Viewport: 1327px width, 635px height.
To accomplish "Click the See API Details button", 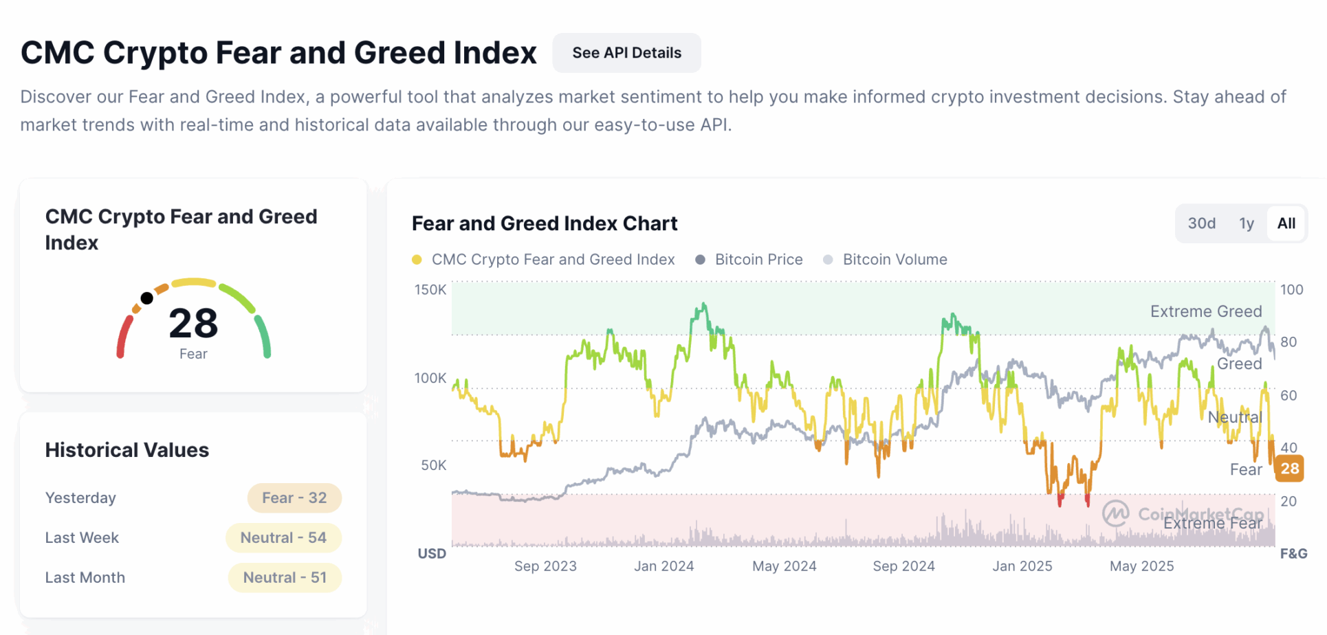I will (x=626, y=53).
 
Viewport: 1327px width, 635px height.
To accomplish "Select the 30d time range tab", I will (x=1201, y=223).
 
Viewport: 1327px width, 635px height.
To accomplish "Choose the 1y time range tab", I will (x=1246, y=223).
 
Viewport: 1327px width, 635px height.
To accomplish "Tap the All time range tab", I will (x=1286, y=223).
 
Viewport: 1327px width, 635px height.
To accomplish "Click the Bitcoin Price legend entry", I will (x=758, y=260).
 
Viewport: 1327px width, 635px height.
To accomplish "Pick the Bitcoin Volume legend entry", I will (x=895, y=260).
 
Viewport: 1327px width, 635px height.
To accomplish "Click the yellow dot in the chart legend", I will (x=417, y=260).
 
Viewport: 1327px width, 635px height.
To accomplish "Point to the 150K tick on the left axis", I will (x=430, y=290).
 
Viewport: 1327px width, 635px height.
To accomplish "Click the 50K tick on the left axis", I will (x=434, y=465).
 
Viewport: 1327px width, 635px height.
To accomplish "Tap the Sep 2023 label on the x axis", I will (x=545, y=566).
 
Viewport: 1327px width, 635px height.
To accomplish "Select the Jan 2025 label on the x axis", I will (x=1022, y=566).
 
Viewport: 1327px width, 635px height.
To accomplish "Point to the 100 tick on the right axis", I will (x=1291, y=290).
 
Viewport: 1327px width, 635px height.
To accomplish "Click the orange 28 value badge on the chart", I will (x=1289, y=469).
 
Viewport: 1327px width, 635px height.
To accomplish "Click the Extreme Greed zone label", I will (x=1206, y=311).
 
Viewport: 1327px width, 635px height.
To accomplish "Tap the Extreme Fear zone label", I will (x=1212, y=524).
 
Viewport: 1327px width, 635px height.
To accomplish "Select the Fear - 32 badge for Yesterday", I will (x=294, y=498).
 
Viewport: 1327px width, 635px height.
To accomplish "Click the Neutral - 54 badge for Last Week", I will (x=283, y=537).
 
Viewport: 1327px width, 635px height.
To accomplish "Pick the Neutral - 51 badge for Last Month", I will (x=285, y=577).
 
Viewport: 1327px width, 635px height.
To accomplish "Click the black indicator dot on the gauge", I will (x=146, y=298).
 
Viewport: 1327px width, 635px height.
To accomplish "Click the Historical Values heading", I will (x=127, y=450).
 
